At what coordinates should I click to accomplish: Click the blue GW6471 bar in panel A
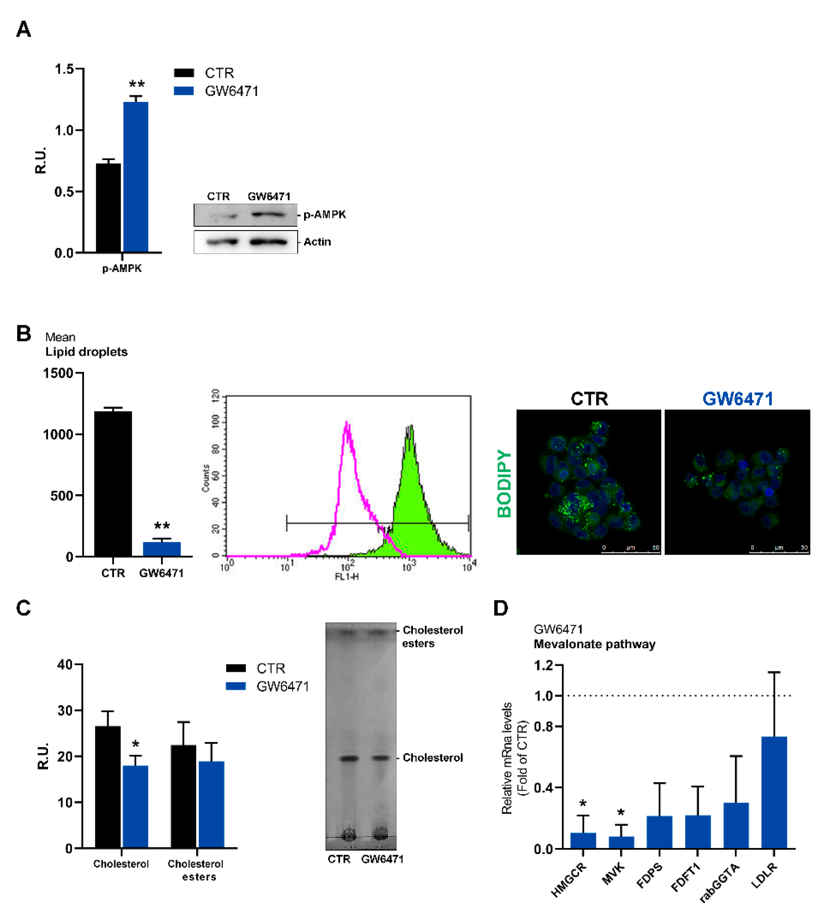(x=136, y=177)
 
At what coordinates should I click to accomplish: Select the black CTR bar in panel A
(x=108, y=208)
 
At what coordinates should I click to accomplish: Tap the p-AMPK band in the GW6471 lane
(x=268, y=214)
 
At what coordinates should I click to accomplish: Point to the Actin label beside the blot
(x=317, y=242)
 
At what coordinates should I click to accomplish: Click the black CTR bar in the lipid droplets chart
(x=113, y=483)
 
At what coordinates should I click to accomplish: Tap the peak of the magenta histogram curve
(x=347, y=424)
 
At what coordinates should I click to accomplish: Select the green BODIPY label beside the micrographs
(x=504, y=483)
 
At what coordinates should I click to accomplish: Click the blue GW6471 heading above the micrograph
(x=738, y=399)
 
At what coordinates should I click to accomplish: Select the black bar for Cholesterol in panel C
(x=108, y=787)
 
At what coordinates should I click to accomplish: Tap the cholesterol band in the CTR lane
(x=349, y=758)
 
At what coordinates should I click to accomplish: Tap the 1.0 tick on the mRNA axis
(x=544, y=696)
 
